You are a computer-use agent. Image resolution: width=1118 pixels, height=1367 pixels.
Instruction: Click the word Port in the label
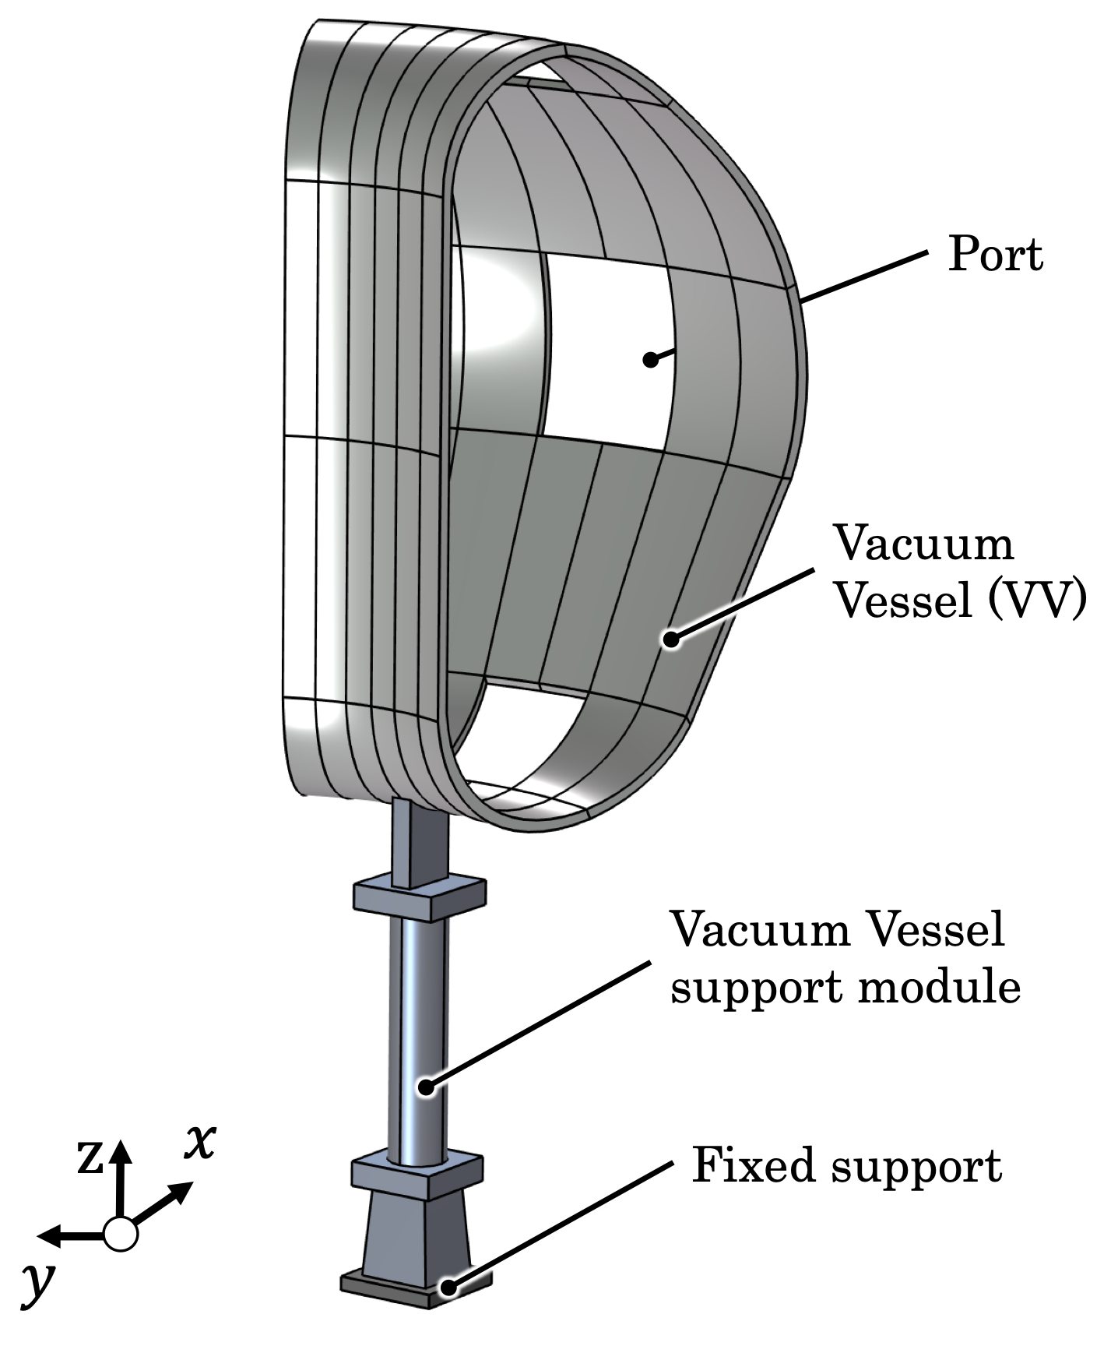994,255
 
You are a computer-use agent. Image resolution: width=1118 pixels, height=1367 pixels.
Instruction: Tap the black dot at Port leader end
650,359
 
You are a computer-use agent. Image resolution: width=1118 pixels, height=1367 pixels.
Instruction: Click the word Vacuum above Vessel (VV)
923,543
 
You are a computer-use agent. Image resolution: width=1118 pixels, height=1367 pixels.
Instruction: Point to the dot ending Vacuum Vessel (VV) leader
670,639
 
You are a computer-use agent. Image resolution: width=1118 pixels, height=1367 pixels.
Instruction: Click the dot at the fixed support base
449,1287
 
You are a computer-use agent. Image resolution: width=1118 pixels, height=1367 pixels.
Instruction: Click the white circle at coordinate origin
120,1234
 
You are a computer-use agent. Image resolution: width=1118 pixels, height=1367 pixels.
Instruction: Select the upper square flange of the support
420,897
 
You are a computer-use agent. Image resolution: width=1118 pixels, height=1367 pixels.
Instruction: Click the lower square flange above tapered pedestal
417,1175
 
